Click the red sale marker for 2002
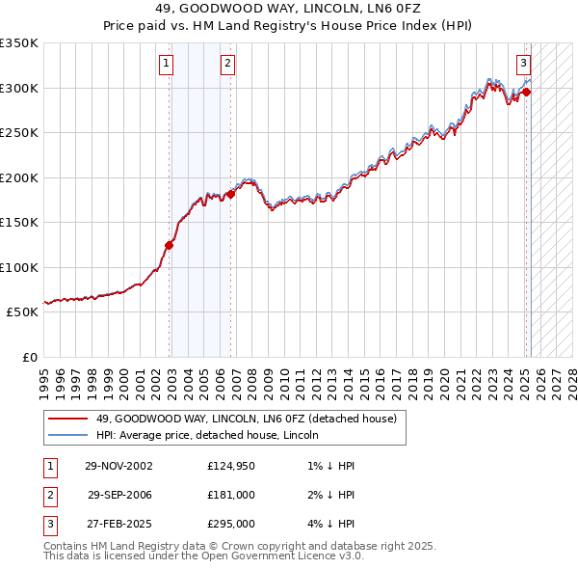click(169, 245)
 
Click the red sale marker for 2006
click(230, 195)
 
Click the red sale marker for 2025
click(527, 93)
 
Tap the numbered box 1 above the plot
click(167, 65)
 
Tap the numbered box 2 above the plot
click(227, 65)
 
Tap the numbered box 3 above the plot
click(523, 65)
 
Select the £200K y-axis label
click(19, 177)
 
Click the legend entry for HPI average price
click(208, 436)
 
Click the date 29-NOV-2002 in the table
click(118, 466)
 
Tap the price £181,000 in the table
click(231, 496)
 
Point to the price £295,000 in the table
click(231, 525)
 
